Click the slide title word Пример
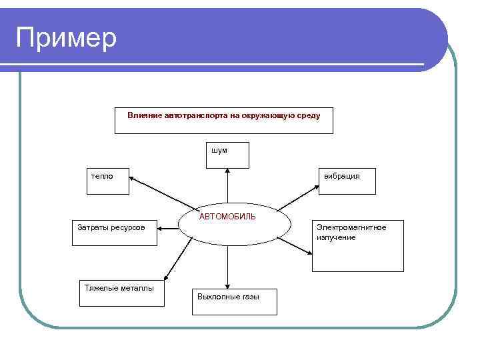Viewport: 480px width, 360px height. click(66, 37)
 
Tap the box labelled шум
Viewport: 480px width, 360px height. click(227, 155)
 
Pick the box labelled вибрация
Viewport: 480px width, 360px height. click(347, 181)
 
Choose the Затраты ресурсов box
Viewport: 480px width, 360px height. click(114, 233)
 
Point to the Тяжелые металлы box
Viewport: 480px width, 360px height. click(121, 292)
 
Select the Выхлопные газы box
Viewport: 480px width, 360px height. click(234, 301)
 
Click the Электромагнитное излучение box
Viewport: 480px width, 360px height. click(357, 246)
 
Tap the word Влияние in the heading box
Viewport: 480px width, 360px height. click(145, 115)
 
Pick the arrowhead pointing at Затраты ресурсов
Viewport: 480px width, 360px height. click(159, 227)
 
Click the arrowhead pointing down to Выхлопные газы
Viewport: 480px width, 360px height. click(228, 285)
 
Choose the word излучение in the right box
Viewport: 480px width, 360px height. click(336, 237)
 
